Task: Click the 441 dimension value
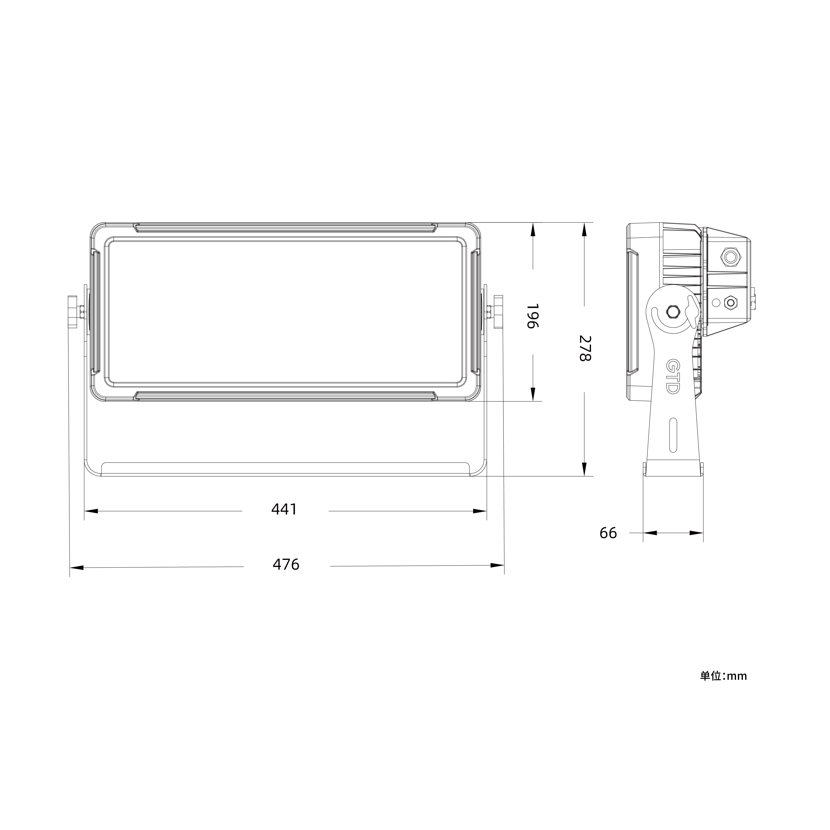pos(284,509)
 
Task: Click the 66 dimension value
pos(608,533)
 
